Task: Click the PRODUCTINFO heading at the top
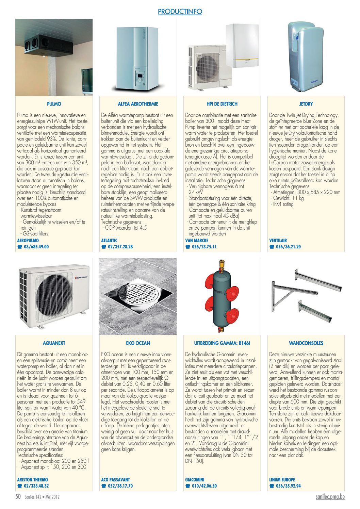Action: click(180, 12)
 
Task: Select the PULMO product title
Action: click(54, 104)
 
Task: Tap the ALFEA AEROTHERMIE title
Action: click(138, 104)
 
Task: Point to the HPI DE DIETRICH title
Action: click(222, 104)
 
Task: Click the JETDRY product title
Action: click(306, 104)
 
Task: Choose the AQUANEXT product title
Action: click(54, 343)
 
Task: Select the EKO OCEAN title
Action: click(138, 343)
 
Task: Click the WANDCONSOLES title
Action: click(306, 343)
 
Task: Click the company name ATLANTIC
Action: click(109, 241)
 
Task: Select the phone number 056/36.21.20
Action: click(288, 247)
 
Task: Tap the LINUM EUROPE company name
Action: click(282, 479)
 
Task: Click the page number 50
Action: click(18, 496)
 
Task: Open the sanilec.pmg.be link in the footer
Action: click(330, 496)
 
